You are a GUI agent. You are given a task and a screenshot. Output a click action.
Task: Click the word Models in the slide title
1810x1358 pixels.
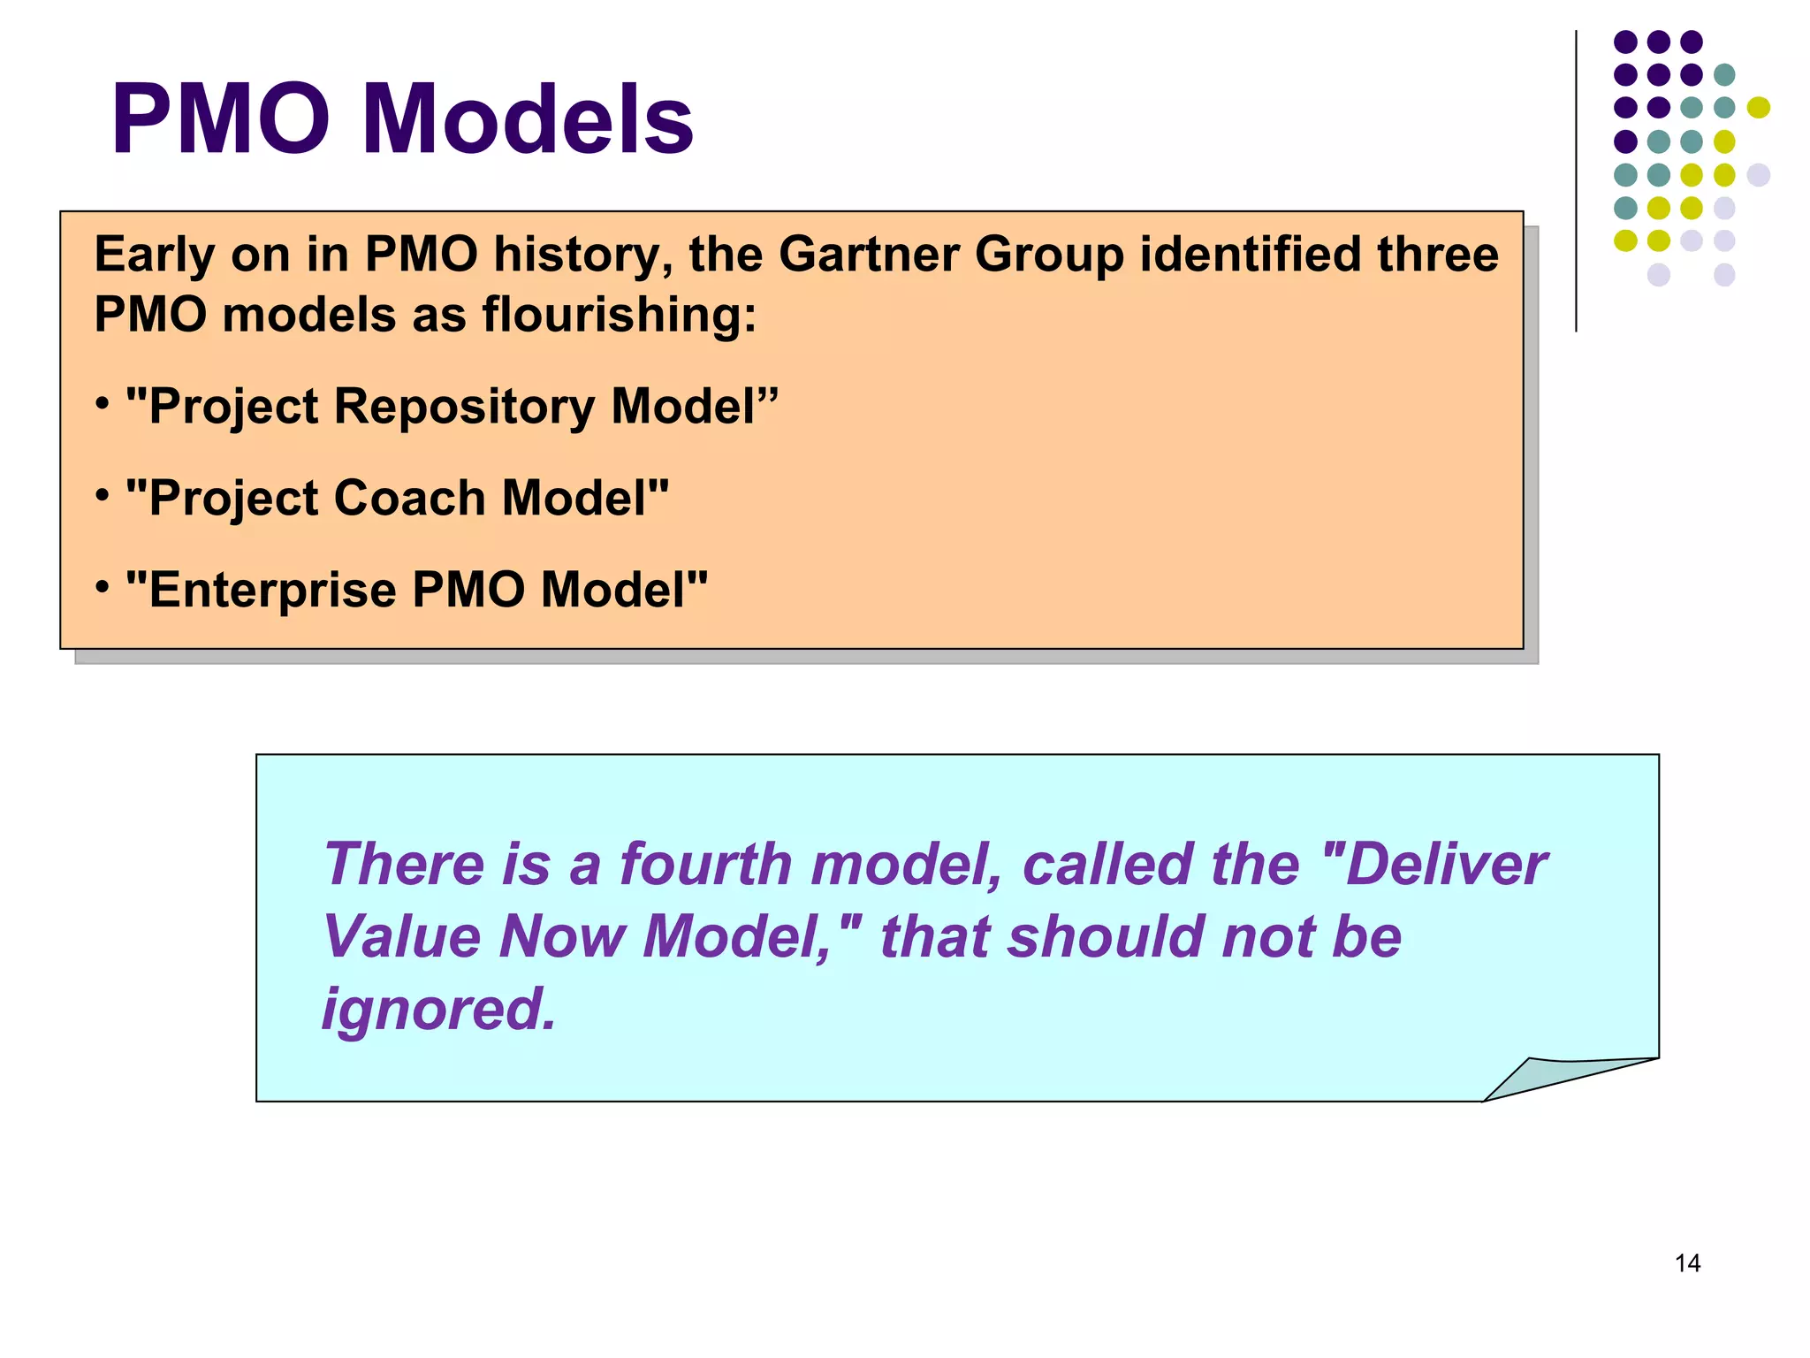tap(529, 119)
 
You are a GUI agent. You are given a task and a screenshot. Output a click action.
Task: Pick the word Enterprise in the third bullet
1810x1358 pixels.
tap(273, 590)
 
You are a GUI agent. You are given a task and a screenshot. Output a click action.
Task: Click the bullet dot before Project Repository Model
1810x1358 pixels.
tap(103, 404)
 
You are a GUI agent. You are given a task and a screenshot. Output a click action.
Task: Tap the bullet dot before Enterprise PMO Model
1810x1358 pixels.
tap(103, 585)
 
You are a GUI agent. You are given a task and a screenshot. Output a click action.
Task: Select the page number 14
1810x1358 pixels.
tap(1687, 1263)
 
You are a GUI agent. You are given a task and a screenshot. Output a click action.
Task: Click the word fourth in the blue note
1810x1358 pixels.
tap(705, 864)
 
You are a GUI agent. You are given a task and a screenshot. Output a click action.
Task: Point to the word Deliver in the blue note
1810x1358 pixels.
tap(1447, 864)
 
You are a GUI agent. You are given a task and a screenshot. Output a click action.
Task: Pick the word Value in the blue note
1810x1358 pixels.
tap(403, 936)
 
